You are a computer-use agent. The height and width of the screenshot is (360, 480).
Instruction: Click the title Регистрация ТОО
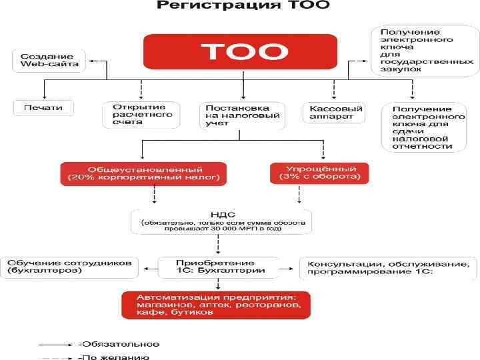pos(243,7)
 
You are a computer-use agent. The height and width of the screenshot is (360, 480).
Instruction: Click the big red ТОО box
pos(244,52)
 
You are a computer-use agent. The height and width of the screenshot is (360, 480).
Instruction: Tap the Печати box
pos(43,107)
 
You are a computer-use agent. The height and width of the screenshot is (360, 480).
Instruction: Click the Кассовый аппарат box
pos(333,112)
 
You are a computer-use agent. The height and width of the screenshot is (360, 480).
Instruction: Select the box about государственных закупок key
pos(423,50)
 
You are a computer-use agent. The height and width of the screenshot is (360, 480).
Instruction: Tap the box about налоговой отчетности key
pos(423,127)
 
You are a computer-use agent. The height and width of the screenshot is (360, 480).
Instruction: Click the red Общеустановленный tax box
pos(143,173)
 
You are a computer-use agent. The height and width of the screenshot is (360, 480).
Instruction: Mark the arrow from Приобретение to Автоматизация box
pos(219,284)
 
